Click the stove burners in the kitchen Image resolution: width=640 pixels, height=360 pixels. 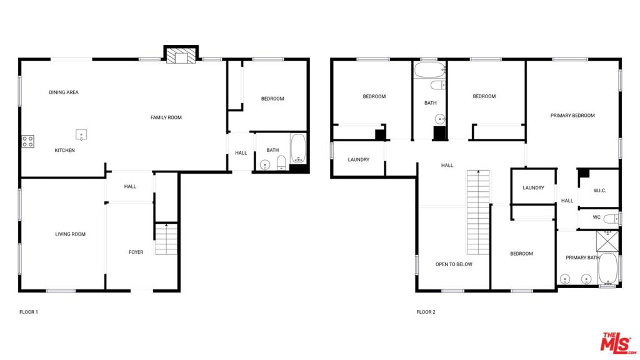coord(27,142)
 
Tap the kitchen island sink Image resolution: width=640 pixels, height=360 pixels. coord(81,134)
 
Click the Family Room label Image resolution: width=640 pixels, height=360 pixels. coord(166,117)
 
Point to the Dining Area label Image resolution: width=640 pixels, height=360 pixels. coord(64,92)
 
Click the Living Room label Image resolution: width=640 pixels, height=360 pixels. coord(70,234)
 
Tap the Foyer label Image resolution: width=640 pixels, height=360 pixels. coord(136,252)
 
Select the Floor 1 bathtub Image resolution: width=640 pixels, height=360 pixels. coord(298,148)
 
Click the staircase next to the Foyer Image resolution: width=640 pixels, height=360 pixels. coord(166,239)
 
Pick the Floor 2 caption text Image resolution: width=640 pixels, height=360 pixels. coord(426,312)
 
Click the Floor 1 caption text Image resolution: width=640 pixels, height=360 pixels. coord(29,312)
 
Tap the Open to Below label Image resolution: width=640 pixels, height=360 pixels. coord(454,264)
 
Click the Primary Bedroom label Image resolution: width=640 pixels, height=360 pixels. coord(572,116)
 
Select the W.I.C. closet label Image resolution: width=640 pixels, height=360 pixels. coord(599,191)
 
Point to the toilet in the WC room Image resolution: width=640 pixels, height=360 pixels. coord(611,219)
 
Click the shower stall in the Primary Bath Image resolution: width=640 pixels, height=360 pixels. coord(607,241)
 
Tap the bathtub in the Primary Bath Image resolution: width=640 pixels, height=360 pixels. coord(607,269)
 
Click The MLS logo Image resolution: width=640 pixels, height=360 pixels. coord(618,343)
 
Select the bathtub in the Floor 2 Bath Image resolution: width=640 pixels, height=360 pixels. coord(430,70)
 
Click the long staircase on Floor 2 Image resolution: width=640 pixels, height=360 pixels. coord(478,212)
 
